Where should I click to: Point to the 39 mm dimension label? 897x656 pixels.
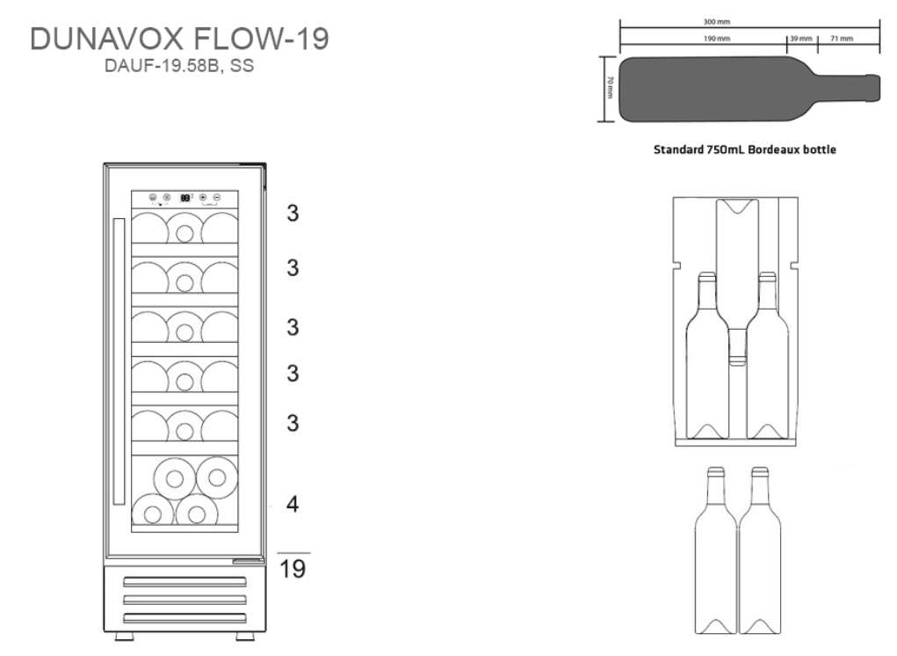[800, 40]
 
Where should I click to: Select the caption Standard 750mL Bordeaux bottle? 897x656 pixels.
[743, 149]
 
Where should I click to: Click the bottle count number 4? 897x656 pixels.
[293, 504]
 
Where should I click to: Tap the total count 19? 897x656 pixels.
[293, 568]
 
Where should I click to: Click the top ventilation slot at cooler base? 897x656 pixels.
[184, 581]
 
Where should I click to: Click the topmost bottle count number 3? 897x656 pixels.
[293, 213]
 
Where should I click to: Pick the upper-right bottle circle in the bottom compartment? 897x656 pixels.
[216, 477]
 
